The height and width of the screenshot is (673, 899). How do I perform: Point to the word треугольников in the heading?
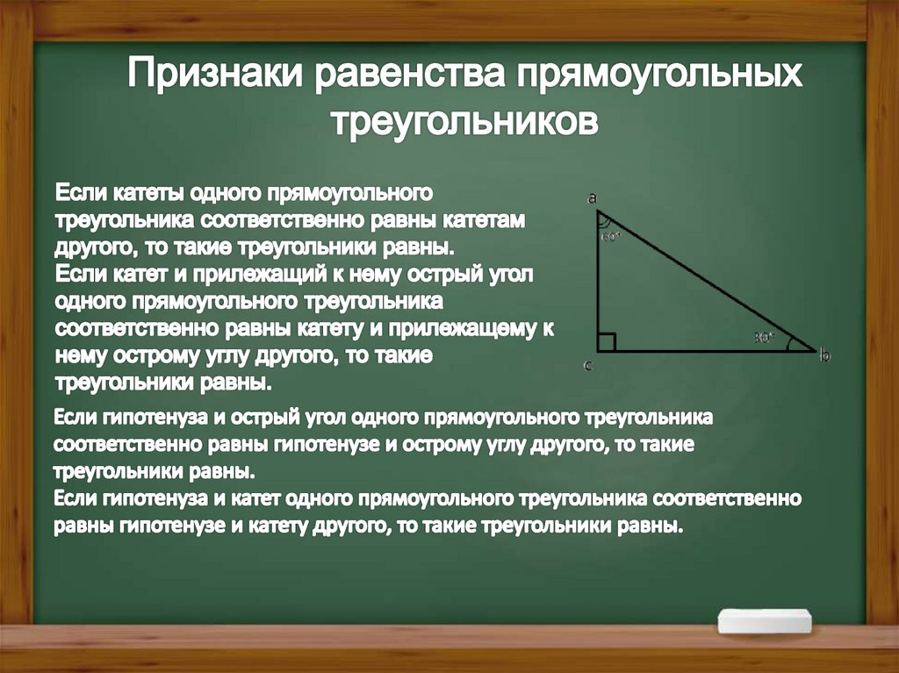point(464,120)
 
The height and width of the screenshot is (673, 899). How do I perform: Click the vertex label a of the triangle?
point(593,199)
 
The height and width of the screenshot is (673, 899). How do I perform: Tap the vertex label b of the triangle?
point(824,354)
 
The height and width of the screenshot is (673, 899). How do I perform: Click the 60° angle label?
point(611,236)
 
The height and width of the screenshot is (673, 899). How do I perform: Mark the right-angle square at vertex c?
point(607,342)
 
